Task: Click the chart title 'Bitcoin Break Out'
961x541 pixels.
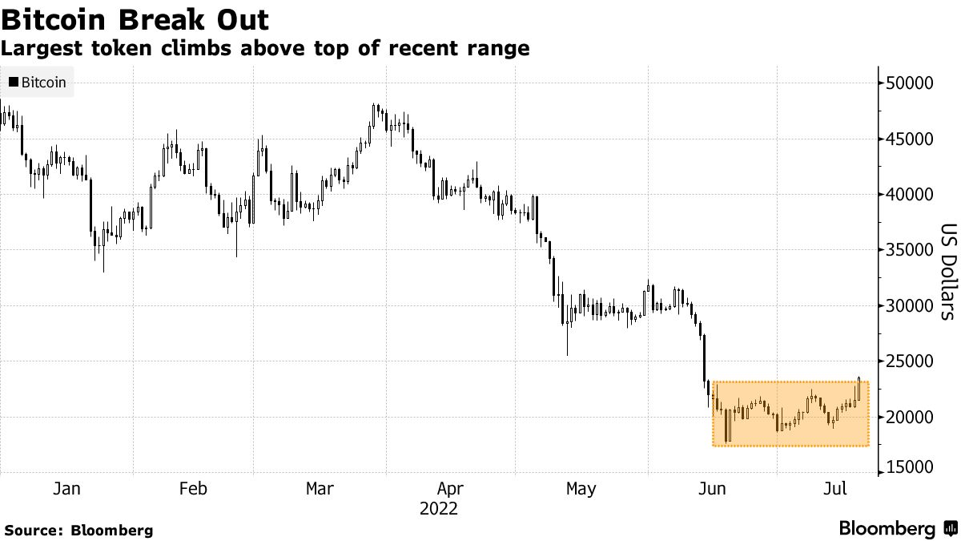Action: point(135,18)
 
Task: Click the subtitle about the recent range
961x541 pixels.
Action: point(264,48)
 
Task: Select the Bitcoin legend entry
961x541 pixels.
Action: point(38,83)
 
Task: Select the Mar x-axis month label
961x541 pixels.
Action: point(320,489)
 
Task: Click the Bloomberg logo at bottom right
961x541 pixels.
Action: point(897,529)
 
